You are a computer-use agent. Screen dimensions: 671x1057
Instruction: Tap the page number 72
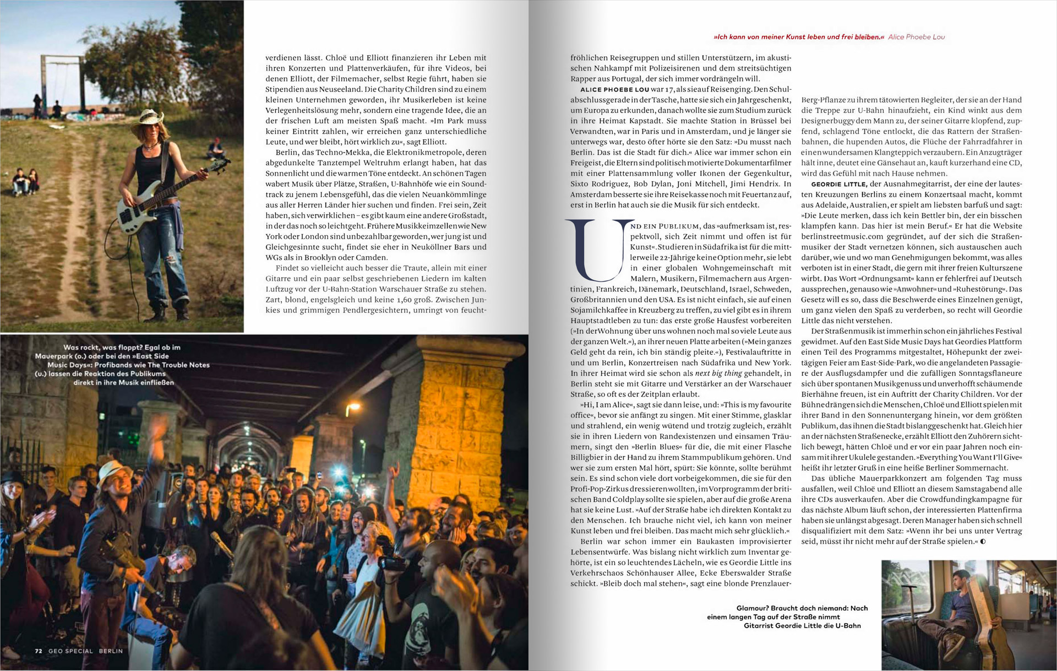[x=39, y=651]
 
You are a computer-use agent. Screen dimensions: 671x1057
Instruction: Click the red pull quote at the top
[x=798, y=37]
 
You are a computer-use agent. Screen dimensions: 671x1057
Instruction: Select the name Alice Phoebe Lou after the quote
[x=916, y=37]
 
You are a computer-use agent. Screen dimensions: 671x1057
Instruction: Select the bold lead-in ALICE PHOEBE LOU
[x=614, y=89]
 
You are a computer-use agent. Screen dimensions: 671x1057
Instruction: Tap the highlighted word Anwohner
[x=914, y=289]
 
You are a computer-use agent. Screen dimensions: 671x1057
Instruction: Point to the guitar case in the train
[x=997, y=628]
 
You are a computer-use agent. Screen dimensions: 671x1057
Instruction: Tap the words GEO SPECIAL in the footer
[x=70, y=651]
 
